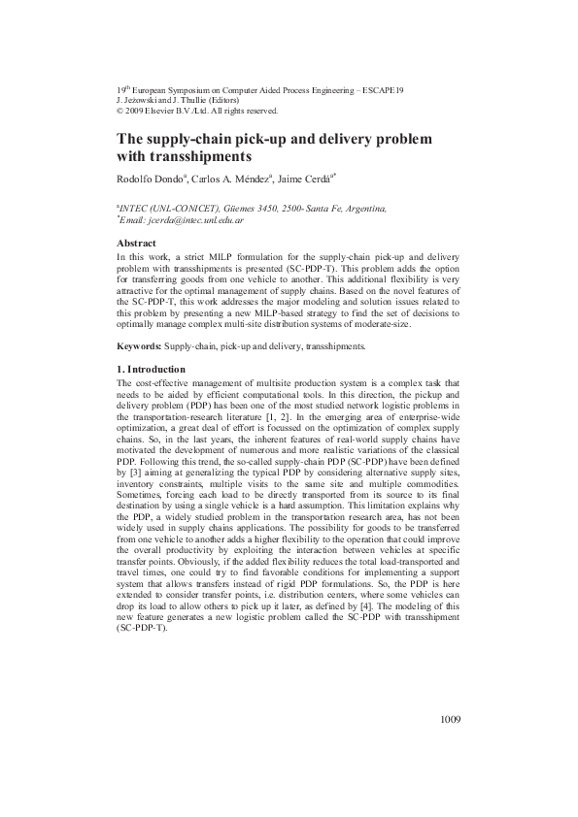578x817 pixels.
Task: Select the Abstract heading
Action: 137,243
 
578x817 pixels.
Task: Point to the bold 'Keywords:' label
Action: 139,346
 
